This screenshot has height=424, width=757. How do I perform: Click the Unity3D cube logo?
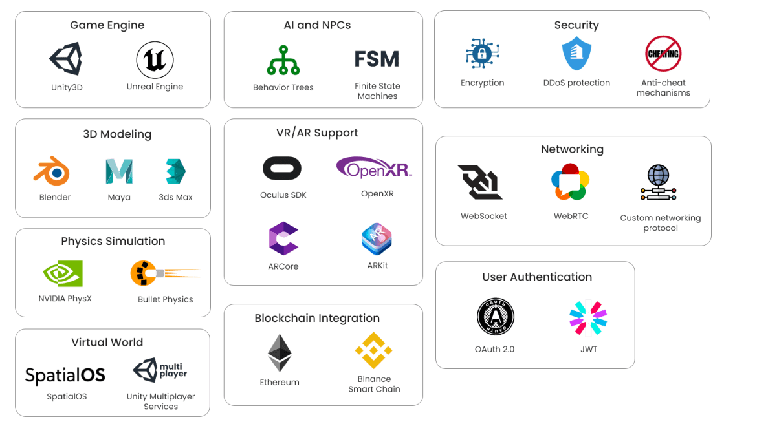click(65, 59)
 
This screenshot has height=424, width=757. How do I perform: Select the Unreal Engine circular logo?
click(155, 60)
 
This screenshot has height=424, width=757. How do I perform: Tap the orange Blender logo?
click(52, 172)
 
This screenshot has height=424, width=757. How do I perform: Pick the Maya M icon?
click(118, 171)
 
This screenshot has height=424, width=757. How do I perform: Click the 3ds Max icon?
click(175, 171)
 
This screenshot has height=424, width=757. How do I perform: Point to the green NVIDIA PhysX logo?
click(63, 273)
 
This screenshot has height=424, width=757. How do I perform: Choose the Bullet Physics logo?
click(164, 273)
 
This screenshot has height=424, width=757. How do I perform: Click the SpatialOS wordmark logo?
click(65, 375)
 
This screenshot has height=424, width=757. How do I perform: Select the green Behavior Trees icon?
click(283, 60)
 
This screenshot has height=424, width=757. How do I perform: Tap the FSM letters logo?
click(377, 59)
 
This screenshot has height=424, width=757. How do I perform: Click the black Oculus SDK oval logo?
click(282, 169)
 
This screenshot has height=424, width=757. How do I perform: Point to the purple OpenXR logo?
click(374, 168)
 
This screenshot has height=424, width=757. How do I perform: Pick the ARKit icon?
click(377, 239)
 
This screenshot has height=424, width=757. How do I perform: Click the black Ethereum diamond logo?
click(280, 353)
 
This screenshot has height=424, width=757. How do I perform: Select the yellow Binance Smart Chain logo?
click(373, 350)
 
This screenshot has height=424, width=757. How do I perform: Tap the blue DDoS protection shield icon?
click(576, 54)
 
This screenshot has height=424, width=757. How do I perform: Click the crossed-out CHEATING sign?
click(663, 54)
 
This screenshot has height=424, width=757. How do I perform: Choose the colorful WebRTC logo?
click(570, 182)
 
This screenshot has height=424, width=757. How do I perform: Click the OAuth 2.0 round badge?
click(496, 317)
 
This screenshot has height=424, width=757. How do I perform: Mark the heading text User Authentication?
click(537, 277)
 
